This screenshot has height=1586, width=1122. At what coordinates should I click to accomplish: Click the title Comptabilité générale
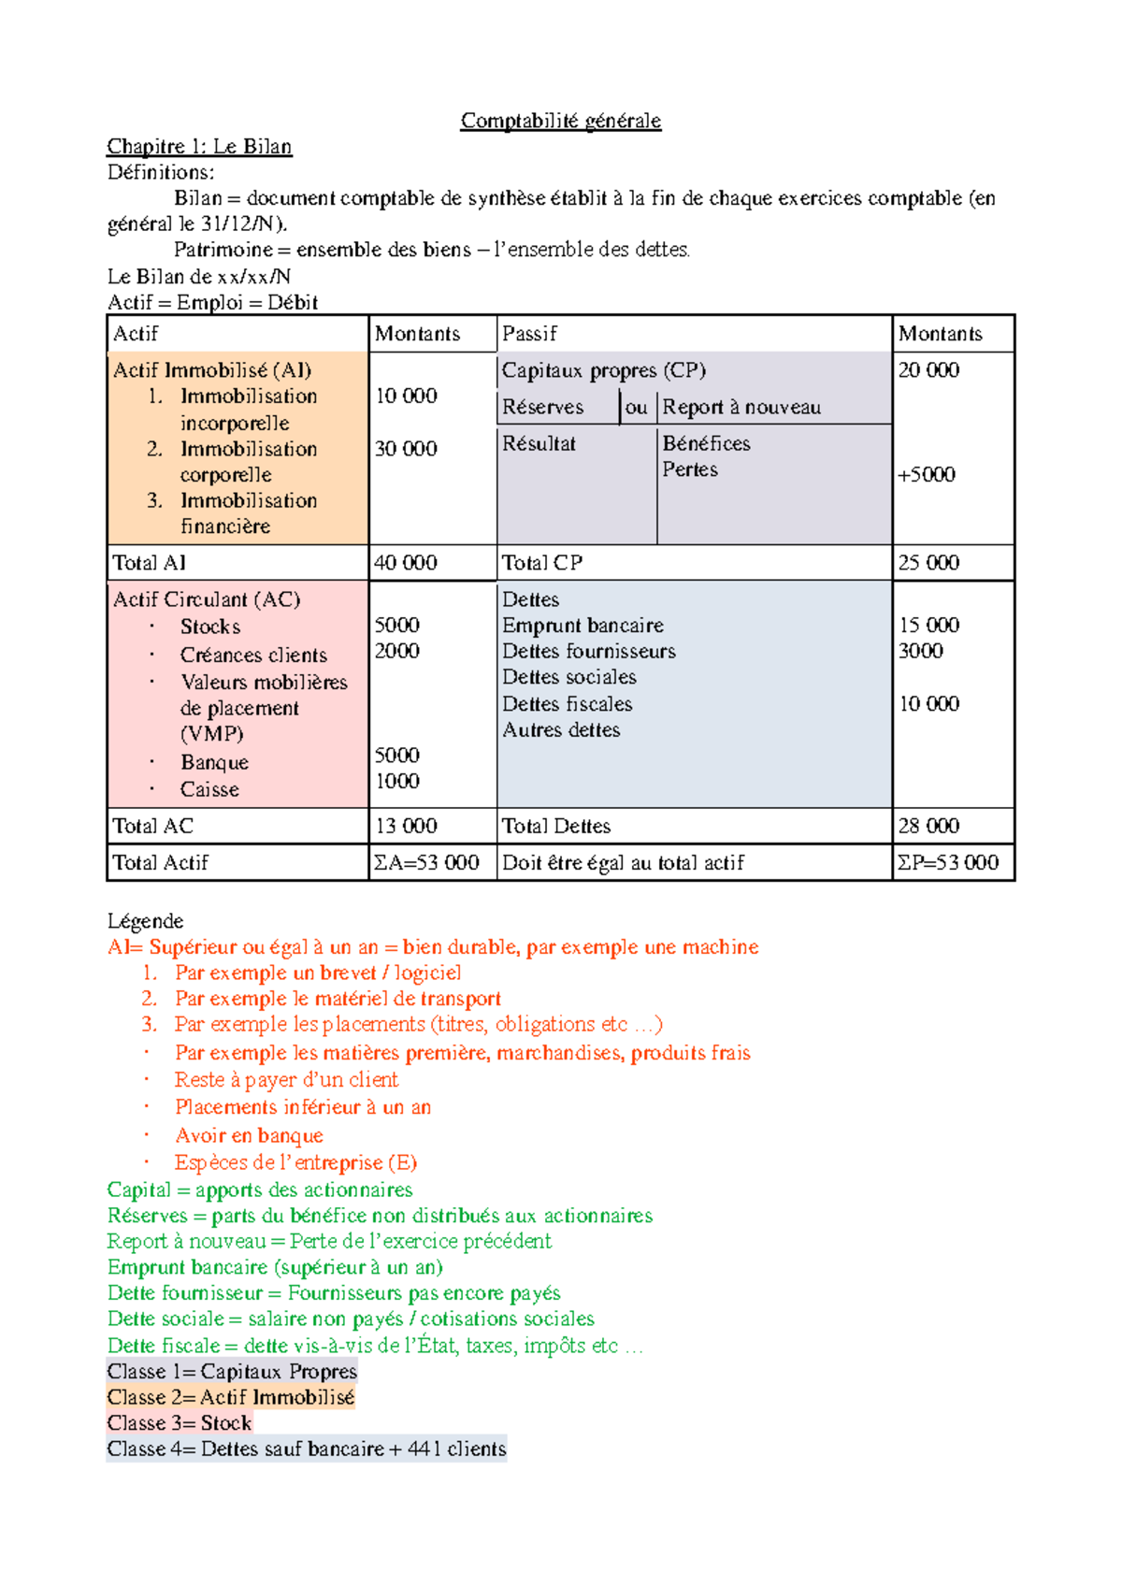tap(560, 121)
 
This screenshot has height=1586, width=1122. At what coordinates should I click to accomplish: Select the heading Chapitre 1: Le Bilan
tap(199, 147)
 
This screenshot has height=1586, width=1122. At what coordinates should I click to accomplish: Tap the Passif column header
tap(529, 334)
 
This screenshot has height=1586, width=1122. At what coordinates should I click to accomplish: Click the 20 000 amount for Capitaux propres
tap(928, 370)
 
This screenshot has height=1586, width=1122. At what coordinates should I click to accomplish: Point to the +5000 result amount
tap(926, 474)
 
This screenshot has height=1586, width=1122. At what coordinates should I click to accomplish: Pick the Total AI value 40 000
tap(405, 563)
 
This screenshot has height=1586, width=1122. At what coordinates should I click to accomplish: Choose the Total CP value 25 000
tap(928, 563)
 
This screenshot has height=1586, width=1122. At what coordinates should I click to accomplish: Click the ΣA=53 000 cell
tap(426, 862)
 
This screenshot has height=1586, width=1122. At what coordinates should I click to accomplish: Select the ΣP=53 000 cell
tap(948, 862)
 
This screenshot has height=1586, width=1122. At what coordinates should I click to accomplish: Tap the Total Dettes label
tap(555, 826)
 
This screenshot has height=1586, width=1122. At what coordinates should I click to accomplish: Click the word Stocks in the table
tap(210, 627)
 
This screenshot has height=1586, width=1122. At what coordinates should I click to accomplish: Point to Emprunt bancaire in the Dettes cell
tap(583, 626)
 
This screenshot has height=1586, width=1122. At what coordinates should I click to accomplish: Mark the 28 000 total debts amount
tap(928, 826)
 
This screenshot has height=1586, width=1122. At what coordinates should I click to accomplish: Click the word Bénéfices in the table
tap(706, 443)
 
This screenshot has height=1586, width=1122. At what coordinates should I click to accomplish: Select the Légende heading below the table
tap(145, 921)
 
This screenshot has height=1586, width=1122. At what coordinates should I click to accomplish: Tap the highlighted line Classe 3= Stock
tap(180, 1423)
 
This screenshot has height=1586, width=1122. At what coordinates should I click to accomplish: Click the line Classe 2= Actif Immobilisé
tap(231, 1397)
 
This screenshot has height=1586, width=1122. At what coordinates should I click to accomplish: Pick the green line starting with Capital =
tap(260, 1189)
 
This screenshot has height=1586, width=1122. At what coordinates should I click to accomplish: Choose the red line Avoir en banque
tap(249, 1135)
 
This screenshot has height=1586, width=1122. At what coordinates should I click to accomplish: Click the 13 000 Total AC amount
tap(405, 826)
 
